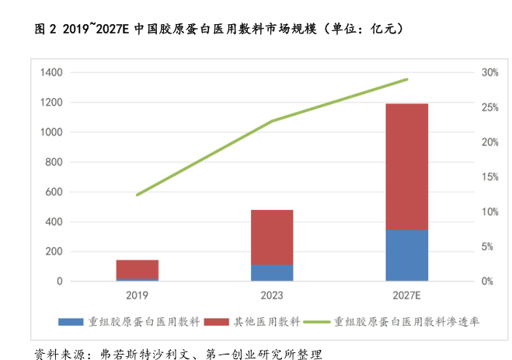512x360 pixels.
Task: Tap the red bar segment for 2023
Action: [x=272, y=237]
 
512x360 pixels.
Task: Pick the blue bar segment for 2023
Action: [x=272, y=273]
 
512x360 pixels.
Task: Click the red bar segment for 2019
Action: [x=138, y=269]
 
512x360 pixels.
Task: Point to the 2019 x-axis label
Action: [x=138, y=295]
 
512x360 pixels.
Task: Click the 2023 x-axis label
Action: [x=272, y=295]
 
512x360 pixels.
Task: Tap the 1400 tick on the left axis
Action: [x=51, y=72]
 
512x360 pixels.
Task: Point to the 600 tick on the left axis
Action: [x=54, y=192]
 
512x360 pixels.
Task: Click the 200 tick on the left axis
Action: [x=54, y=252]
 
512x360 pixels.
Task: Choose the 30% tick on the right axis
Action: [x=489, y=72]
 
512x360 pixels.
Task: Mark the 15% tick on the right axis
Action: [x=489, y=177]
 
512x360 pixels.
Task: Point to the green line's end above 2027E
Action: [x=407, y=79]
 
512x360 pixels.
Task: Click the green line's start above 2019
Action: [x=138, y=195]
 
